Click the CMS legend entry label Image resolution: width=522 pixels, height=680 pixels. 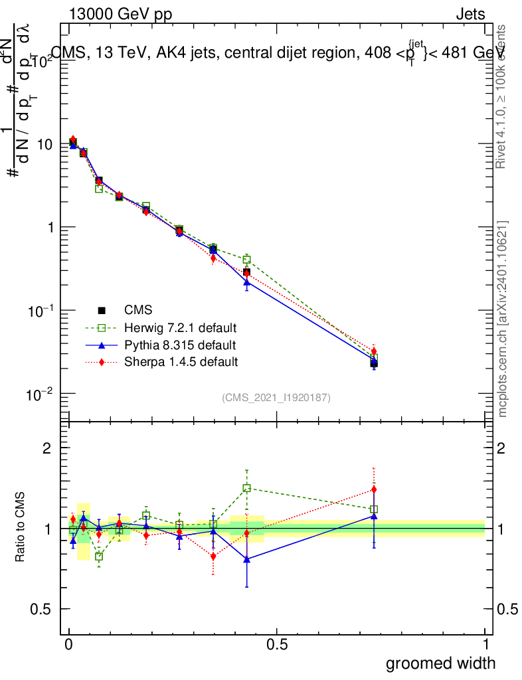tap(138, 310)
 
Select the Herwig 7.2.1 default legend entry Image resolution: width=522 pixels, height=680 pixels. tap(180, 328)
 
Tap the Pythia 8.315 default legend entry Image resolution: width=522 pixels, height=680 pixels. tap(179, 345)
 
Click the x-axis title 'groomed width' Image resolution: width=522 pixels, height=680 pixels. tap(440, 663)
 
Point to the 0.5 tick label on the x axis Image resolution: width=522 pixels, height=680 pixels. tap(277, 645)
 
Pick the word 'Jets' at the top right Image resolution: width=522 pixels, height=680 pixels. tap(470, 15)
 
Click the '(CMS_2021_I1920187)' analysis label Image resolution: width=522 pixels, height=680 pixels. tap(276, 398)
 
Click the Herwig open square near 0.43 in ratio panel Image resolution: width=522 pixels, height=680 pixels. tap(247, 488)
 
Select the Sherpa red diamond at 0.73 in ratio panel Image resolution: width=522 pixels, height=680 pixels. tap(374, 490)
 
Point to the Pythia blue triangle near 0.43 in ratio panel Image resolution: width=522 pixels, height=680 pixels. tap(247, 559)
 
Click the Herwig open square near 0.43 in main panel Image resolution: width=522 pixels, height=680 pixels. tap(247, 260)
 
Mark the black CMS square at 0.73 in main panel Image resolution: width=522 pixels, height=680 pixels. tap(374, 363)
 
